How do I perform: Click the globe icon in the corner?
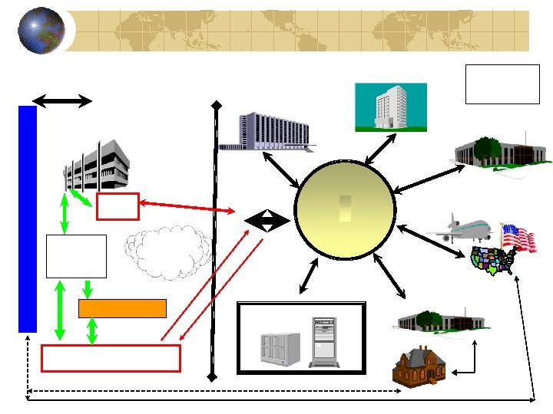[x=41, y=31]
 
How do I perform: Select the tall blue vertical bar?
[x=28, y=219]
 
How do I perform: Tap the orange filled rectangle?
[x=122, y=308]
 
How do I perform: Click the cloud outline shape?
[x=168, y=251]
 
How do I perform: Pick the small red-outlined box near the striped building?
[x=118, y=206]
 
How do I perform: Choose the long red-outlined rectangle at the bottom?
[x=111, y=358]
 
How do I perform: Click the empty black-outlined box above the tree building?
[x=502, y=84]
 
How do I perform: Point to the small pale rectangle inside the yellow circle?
[x=345, y=209]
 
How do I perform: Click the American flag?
[x=518, y=236]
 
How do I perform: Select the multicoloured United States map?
[x=492, y=261]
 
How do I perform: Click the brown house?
[x=419, y=366]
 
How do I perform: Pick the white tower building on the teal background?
[x=389, y=107]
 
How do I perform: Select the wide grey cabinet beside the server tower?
[x=279, y=348]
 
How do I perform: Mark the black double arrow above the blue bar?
[x=62, y=100]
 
